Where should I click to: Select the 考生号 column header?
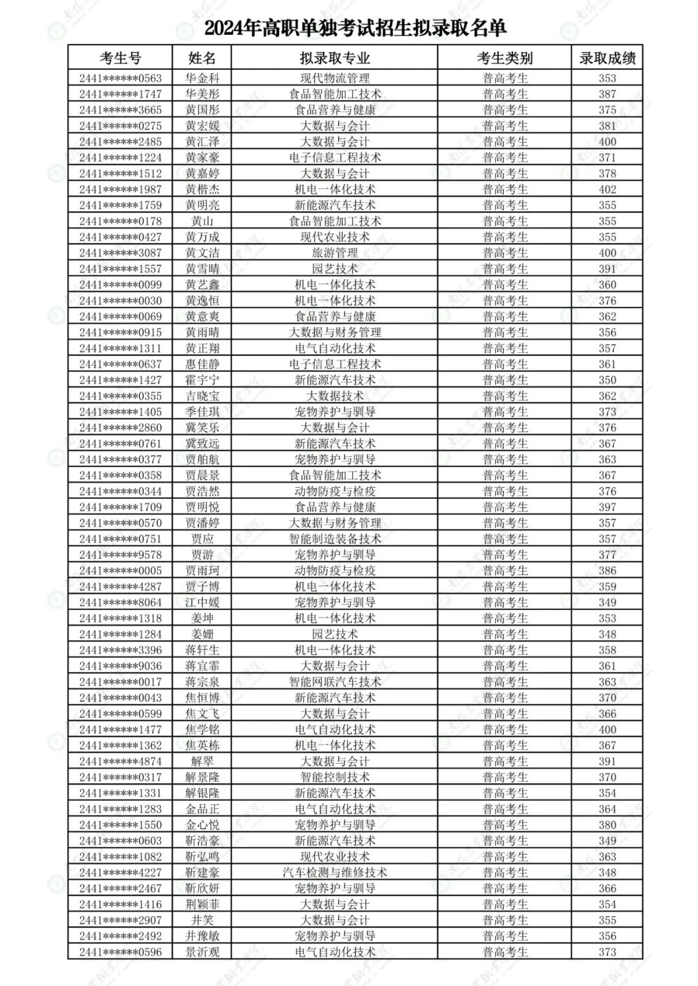click(x=120, y=58)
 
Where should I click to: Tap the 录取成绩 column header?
click(x=607, y=58)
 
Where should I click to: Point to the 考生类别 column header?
click(x=505, y=58)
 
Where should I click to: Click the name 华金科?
click(x=202, y=78)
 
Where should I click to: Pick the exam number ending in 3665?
click(x=120, y=110)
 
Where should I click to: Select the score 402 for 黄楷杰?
click(x=607, y=189)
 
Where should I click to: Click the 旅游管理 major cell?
click(x=335, y=253)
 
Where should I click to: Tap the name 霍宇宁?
click(x=202, y=380)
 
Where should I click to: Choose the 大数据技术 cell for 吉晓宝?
click(x=335, y=396)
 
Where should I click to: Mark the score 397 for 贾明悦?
click(x=607, y=507)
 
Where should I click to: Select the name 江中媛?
click(x=202, y=602)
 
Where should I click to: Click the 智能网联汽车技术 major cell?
click(x=335, y=682)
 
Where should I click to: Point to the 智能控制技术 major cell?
click(x=335, y=777)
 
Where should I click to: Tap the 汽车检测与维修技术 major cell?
click(x=335, y=872)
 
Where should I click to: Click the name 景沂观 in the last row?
click(x=202, y=952)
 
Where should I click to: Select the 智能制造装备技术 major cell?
click(x=335, y=539)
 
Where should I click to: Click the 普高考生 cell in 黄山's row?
click(x=505, y=221)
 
